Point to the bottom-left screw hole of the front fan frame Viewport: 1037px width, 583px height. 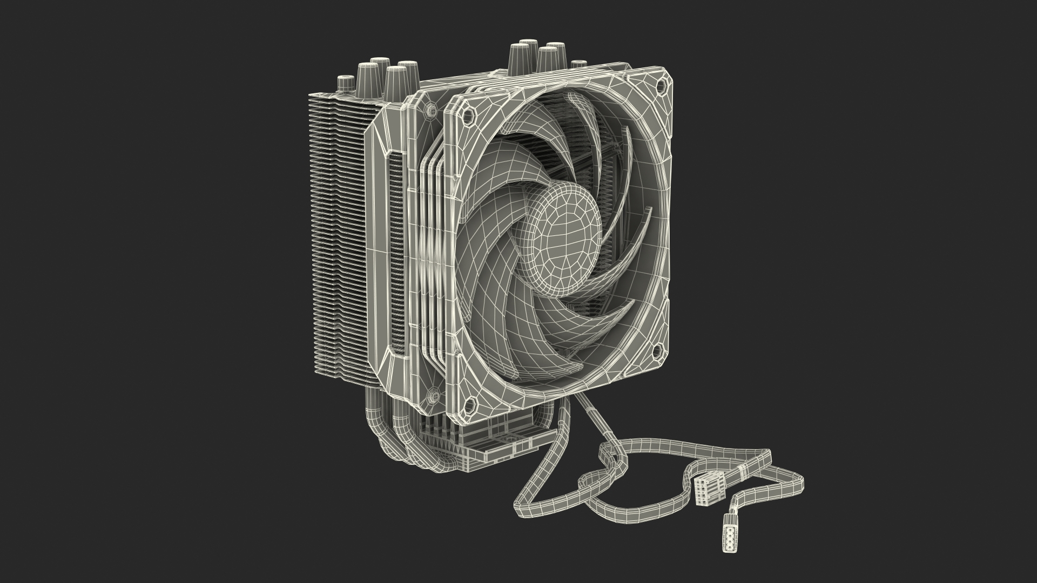(469, 402)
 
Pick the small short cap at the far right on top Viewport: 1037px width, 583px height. (579, 65)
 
